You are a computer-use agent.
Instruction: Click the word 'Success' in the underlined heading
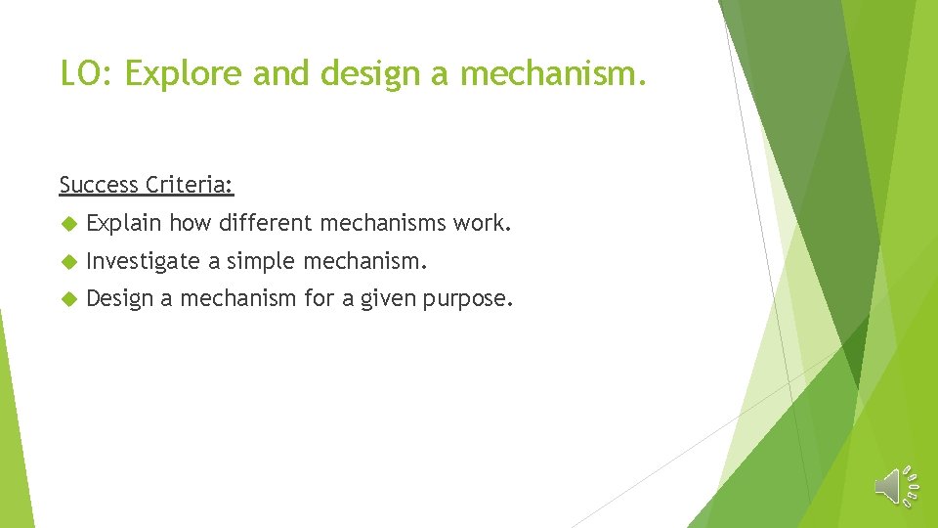coord(98,184)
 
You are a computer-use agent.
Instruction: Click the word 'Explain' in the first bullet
coord(124,224)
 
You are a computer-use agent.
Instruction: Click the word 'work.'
coord(482,224)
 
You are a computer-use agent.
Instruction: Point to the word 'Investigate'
coord(143,261)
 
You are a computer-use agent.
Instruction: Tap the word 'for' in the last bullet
coord(320,298)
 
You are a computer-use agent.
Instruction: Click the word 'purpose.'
coord(468,298)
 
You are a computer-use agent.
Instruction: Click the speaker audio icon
coord(894,486)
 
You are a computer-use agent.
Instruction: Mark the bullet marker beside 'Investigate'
coord(67,262)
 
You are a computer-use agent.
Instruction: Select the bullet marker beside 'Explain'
coord(67,225)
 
